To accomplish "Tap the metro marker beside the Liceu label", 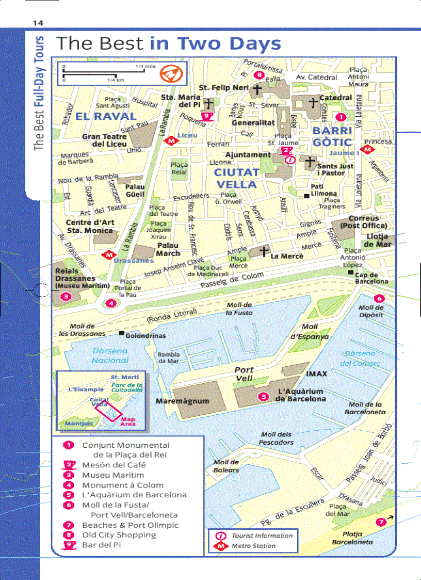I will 170,140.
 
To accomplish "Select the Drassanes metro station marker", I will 108,255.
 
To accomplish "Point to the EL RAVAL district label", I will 105,116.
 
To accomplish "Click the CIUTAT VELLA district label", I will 236,178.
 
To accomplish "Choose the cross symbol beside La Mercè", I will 264,252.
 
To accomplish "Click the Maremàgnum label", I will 182,401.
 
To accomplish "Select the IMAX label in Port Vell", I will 316,373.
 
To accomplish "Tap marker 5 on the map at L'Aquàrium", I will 264,397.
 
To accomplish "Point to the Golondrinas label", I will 146,336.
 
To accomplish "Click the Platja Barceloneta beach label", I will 352,538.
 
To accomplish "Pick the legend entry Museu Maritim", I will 112,475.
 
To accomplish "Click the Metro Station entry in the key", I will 253,546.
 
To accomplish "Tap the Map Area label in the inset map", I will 128,422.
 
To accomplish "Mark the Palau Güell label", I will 135,191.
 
